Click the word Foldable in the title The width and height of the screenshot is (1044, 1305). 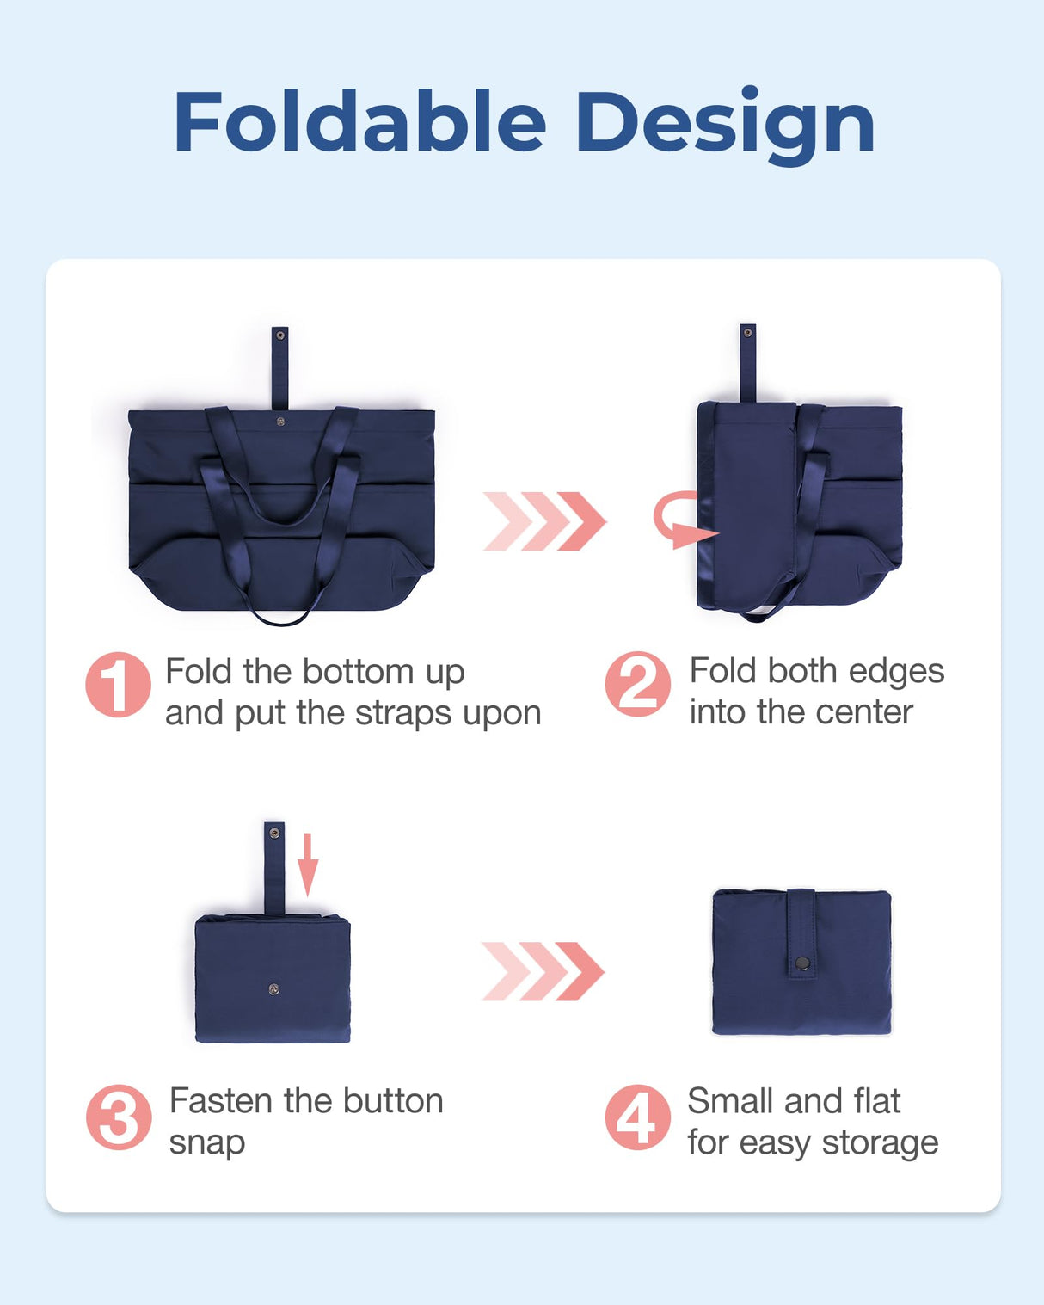359,123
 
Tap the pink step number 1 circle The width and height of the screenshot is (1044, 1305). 118,685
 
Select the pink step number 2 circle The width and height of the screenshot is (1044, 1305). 637,685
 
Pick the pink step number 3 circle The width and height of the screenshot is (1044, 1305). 118,1117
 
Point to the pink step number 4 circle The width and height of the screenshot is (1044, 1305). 637,1117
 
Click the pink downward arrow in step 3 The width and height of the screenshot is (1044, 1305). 308,865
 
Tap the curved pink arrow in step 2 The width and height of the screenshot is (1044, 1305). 679,520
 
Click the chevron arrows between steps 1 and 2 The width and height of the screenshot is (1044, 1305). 544,521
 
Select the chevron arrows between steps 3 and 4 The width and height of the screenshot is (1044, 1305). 543,971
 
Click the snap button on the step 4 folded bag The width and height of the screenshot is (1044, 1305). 801,963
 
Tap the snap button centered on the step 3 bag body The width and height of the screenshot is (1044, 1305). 273,989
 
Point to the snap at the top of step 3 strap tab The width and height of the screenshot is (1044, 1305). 274,833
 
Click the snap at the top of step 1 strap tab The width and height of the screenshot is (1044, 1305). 279,335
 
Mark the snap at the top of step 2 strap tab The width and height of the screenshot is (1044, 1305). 747,332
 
